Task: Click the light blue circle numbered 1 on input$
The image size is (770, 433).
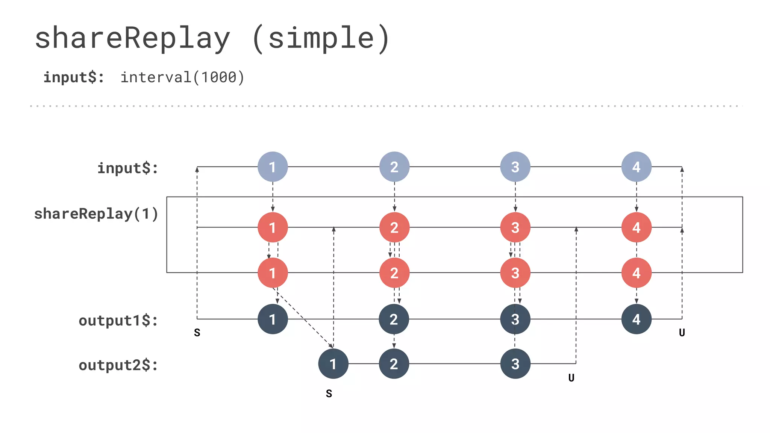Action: coord(273,167)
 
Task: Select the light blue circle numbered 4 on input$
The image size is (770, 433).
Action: coord(636,167)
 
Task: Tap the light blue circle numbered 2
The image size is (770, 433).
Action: coord(394,167)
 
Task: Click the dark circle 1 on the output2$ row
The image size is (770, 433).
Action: coord(333,363)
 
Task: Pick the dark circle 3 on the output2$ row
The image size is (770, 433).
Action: coord(515,363)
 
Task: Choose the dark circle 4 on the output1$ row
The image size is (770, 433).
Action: coord(636,319)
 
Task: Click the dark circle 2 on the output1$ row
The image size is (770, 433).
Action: coord(394,319)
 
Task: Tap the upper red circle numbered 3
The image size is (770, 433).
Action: coord(515,227)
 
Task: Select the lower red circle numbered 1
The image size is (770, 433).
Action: coord(273,273)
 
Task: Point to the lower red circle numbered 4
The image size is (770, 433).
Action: coord(636,273)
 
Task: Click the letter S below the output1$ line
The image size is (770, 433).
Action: coord(197,333)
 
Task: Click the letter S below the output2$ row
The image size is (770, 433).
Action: coord(329,394)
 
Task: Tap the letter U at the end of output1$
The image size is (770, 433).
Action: coord(682,333)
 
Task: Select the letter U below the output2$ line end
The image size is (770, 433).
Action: coord(571,378)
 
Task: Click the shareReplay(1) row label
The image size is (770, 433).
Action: coord(96,214)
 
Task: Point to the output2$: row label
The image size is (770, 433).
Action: coord(118,365)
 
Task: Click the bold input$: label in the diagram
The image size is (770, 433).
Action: coord(128,168)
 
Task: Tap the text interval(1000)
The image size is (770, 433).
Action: coord(182,77)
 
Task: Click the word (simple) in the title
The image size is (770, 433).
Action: coord(321,38)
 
